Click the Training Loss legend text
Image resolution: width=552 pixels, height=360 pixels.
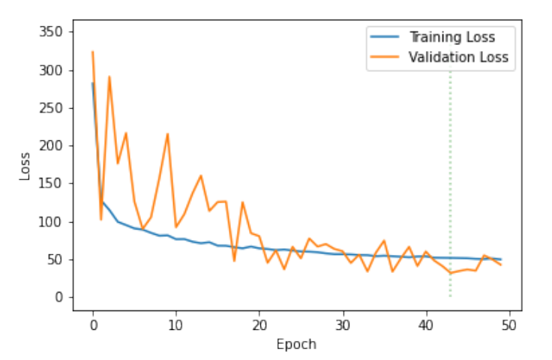coord(451,37)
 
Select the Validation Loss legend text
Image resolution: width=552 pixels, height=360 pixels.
coord(458,56)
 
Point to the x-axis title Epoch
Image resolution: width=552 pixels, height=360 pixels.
coord(296,344)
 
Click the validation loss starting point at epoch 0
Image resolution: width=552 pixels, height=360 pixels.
coord(92,52)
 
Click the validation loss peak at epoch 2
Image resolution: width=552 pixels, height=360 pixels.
coord(109,76)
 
